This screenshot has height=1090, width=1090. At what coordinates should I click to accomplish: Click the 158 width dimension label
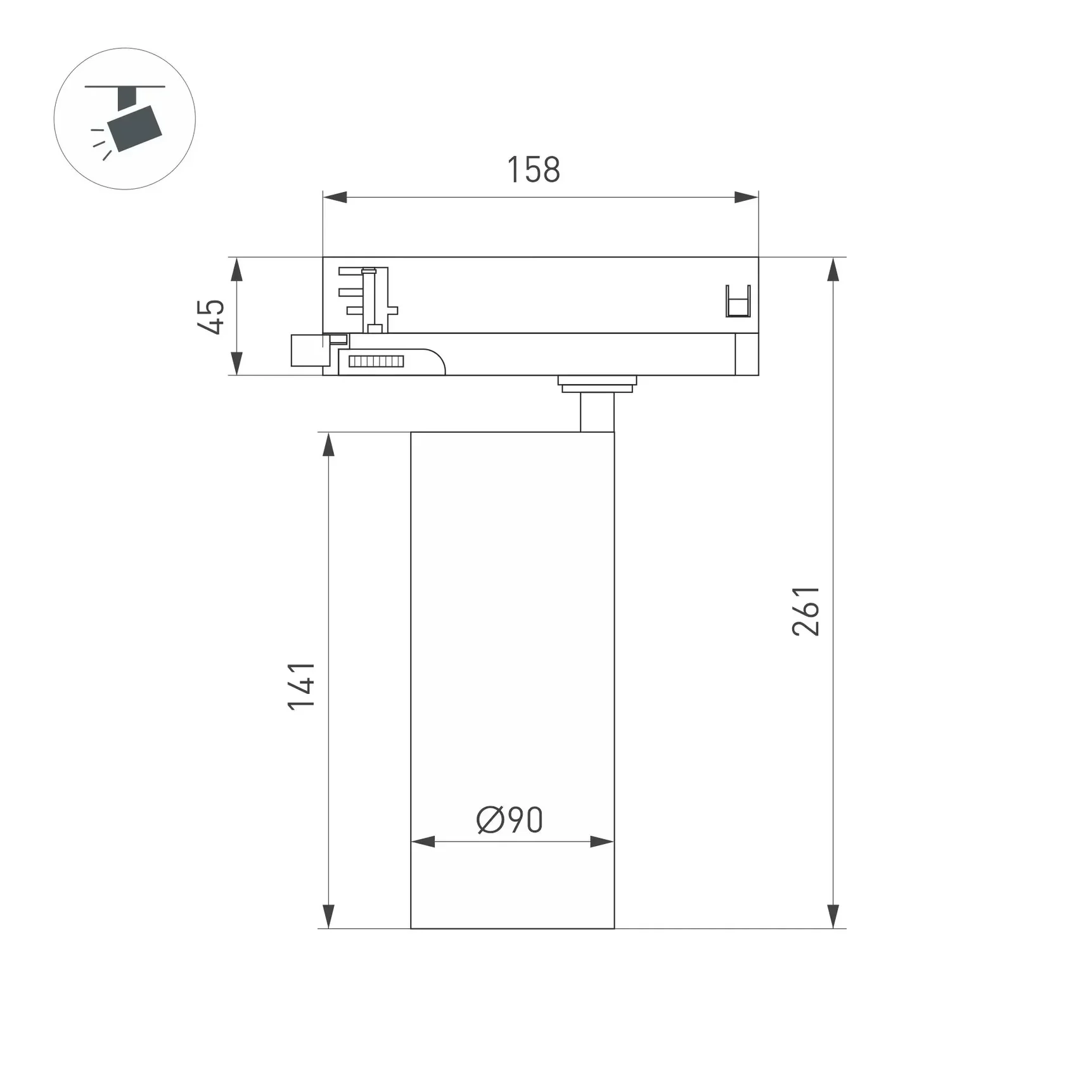[534, 170]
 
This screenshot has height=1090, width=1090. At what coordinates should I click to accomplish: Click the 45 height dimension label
[211, 316]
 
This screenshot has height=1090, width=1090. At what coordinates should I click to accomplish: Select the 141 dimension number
[301, 686]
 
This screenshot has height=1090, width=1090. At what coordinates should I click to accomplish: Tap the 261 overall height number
[806, 611]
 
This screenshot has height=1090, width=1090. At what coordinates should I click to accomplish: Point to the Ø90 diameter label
[510, 820]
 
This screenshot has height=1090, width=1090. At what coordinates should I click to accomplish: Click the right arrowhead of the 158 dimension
[746, 197]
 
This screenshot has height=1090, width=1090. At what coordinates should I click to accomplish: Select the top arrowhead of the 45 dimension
[236, 269]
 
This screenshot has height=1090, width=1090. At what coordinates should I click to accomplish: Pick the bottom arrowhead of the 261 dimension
[833, 916]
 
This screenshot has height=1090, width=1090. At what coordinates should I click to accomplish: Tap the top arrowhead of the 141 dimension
[328, 444]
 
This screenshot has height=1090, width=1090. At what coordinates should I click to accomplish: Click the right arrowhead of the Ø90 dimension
[601, 842]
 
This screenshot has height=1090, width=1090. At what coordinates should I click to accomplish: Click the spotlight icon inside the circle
[130, 120]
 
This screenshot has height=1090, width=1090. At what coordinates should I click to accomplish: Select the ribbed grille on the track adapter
[376, 362]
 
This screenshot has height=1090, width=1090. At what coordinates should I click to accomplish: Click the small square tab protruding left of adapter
[306, 350]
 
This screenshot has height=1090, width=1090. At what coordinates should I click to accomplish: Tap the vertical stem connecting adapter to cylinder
[597, 412]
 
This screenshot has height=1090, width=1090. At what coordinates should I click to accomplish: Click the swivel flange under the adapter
[597, 383]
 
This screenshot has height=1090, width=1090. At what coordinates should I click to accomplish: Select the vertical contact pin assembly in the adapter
[371, 299]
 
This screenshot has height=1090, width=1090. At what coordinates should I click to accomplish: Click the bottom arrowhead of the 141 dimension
[328, 916]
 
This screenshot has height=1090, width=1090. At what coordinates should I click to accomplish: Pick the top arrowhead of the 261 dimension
[833, 270]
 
